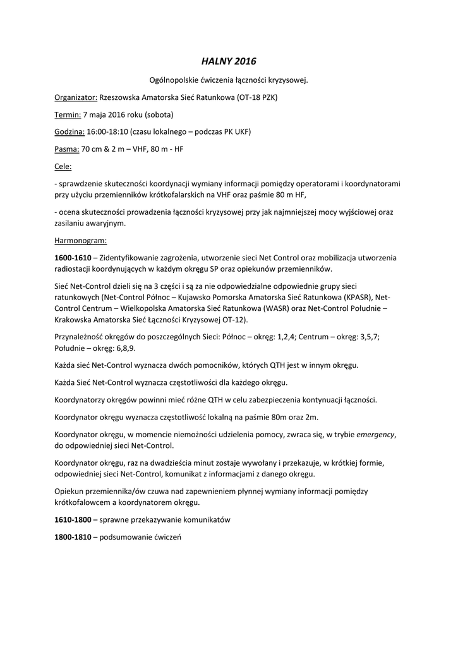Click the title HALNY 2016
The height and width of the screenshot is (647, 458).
(229, 61)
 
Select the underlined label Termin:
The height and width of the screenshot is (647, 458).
(68, 115)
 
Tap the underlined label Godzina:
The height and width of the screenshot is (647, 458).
(69, 132)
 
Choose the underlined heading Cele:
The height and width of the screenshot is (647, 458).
(63, 166)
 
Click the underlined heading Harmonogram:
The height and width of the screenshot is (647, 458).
(81, 240)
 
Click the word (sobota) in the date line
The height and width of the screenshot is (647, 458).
(159, 115)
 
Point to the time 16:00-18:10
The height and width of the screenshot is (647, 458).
(107, 132)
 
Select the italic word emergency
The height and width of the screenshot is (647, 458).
(375, 435)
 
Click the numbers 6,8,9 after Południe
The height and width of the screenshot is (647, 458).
(125, 348)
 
